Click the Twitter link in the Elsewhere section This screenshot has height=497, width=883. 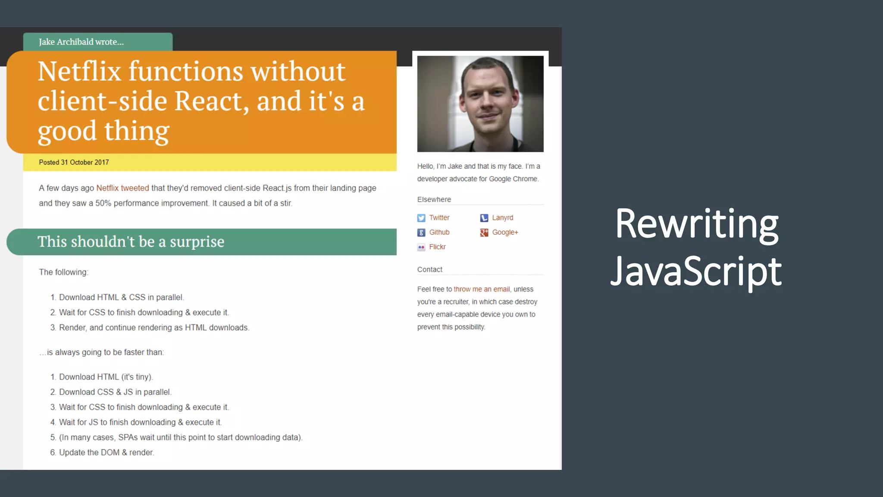(x=439, y=218)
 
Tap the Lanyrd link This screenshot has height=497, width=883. (x=502, y=218)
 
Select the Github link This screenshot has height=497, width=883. (x=439, y=233)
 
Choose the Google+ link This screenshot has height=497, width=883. (x=505, y=233)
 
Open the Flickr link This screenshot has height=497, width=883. (x=437, y=247)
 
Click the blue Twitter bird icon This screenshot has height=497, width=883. (x=421, y=218)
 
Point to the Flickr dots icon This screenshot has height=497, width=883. (x=421, y=248)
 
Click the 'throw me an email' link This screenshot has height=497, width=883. (x=482, y=289)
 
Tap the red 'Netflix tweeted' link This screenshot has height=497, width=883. (x=122, y=188)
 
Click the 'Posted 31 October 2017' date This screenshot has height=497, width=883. (x=74, y=163)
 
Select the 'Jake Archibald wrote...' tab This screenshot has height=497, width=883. (x=81, y=42)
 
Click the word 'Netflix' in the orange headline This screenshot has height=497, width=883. (x=79, y=71)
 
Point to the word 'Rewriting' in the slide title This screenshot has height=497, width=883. (x=696, y=224)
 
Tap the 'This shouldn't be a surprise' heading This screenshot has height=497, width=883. (x=131, y=242)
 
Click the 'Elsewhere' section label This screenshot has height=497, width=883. (x=434, y=200)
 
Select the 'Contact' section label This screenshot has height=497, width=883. (x=429, y=270)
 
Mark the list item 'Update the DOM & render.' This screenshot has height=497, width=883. (x=106, y=453)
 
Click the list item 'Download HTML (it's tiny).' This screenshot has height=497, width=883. (x=106, y=377)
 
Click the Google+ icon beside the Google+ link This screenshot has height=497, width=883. (x=484, y=233)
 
